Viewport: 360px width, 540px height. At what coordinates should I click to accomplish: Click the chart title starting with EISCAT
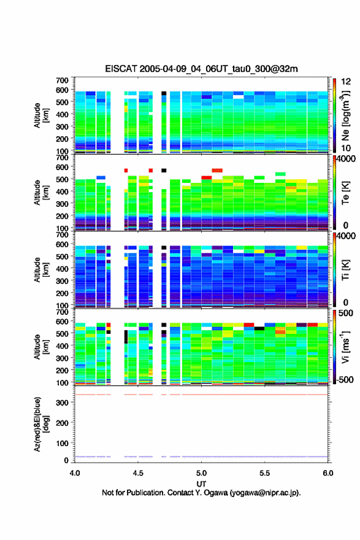click(201, 69)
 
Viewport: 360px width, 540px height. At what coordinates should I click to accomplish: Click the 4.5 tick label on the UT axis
click(138, 473)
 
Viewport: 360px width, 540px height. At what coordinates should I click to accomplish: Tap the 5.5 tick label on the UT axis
click(265, 473)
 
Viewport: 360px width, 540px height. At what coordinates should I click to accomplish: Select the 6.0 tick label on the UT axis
click(328, 473)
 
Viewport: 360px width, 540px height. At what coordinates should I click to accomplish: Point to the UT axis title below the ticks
click(201, 484)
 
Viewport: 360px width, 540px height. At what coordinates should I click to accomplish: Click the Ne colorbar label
click(346, 115)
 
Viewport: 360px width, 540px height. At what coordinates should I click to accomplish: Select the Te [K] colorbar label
click(346, 193)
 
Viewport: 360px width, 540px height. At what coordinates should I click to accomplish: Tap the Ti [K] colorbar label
click(346, 270)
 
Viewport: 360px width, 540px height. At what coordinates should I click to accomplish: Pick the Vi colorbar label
click(346, 347)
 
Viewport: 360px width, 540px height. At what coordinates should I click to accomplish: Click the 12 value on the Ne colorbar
click(347, 82)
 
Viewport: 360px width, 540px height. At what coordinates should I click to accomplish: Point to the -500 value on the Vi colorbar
click(345, 379)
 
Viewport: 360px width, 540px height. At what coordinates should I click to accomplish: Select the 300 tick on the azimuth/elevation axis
click(62, 403)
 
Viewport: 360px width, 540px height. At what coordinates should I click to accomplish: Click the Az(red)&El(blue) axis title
click(42, 424)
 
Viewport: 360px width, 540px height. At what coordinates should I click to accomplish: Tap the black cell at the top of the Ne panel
click(164, 93)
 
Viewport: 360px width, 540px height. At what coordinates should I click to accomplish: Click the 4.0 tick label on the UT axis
click(75, 473)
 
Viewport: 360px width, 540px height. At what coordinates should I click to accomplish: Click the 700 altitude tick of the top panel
click(62, 80)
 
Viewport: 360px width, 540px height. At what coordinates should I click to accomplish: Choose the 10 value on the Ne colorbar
click(347, 148)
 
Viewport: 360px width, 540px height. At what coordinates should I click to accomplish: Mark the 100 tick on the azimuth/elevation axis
click(62, 443)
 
